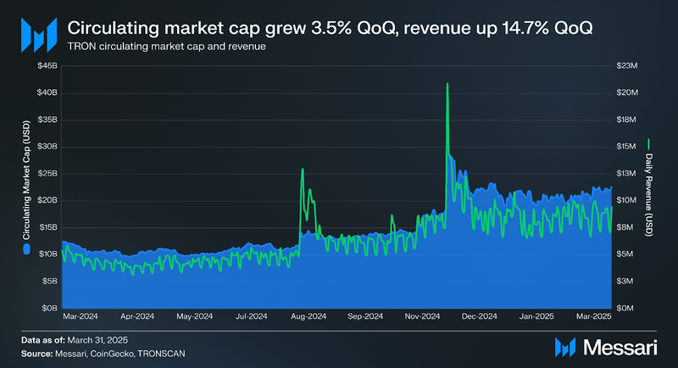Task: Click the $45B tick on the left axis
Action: (47, 65)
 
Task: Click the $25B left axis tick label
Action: (47, 173)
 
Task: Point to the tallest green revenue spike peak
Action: (447, 84)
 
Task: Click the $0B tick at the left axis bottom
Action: (49, 308)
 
